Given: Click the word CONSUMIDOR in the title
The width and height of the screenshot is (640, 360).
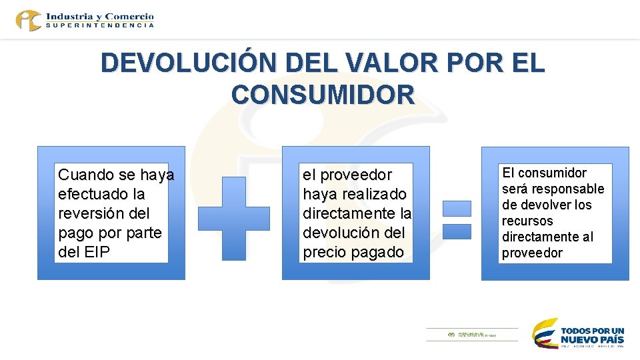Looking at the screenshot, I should [323, 95].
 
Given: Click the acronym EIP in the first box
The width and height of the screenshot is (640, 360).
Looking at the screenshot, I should [97, 253].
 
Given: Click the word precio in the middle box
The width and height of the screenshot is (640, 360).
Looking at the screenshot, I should [324, 253].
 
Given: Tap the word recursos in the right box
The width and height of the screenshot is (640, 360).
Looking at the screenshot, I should [527, 221].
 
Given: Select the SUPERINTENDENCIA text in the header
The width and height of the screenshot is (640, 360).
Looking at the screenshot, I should [100, 25].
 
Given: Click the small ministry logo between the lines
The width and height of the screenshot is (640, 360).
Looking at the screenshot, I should [471, 335].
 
